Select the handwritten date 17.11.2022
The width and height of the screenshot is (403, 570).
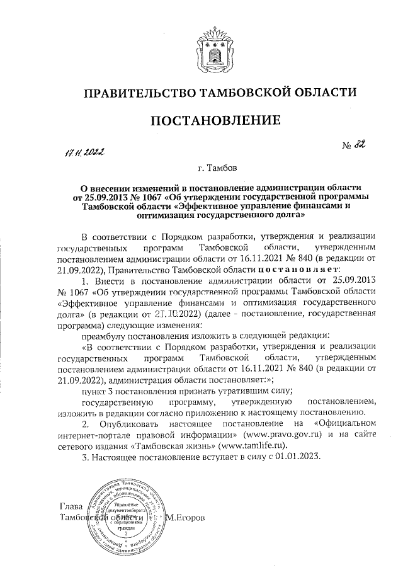point(85,152)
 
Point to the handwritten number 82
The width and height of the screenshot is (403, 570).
point(360,146)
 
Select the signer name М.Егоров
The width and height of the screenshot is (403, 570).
point(191,517)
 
